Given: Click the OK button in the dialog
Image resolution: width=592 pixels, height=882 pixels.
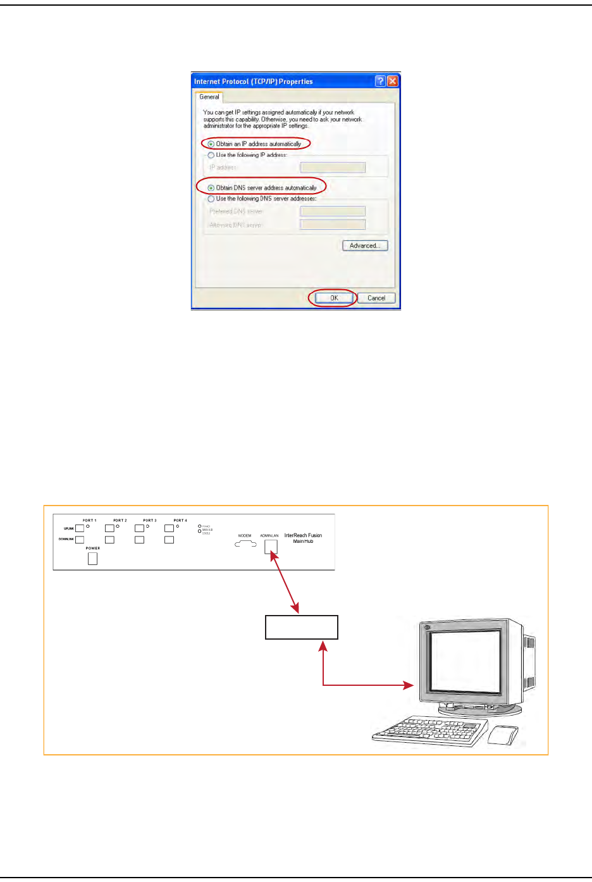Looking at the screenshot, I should [334, 298].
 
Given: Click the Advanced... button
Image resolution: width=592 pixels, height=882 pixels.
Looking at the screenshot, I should [365, 245].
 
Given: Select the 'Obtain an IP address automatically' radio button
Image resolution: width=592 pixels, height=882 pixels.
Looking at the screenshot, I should [211, 144].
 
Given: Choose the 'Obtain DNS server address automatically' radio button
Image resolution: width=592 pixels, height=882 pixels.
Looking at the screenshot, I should [211, 188].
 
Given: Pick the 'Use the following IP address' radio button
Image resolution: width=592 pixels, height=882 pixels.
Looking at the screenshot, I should [211, 155].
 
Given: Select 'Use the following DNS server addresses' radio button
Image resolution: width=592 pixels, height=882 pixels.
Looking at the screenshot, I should [211, 199].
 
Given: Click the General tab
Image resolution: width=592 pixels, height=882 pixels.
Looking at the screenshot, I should [209, 97].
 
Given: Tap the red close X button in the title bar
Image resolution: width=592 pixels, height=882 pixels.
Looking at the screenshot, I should [392, 81].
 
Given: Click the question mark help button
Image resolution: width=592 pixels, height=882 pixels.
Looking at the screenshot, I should [380, 81].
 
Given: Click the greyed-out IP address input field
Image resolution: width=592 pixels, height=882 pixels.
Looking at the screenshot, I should [333, 168].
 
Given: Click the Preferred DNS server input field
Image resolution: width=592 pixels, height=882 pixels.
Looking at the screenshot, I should [333, 211].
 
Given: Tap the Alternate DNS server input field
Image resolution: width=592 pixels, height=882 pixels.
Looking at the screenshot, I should [333, 225].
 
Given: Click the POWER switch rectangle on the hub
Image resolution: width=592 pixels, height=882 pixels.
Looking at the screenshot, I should [92, 558].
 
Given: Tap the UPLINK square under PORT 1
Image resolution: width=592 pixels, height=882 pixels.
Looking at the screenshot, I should [80, 528].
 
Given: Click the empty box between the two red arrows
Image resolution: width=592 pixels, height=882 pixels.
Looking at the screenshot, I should [301, 627].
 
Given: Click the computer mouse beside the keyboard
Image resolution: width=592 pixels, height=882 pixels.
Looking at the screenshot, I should [503, 736].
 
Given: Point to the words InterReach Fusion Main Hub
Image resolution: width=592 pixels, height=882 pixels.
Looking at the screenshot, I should [303, 538].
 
